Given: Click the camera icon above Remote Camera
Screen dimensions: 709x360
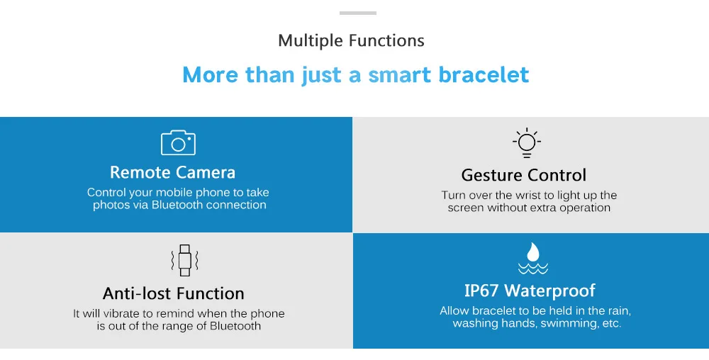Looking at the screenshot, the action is click(x=178, y=142).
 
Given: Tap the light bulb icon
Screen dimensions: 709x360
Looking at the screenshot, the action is click(x=527, y=142).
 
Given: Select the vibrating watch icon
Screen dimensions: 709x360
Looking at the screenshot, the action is click(x=184, y=260).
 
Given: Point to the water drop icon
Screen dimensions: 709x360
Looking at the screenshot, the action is click(x=533, y=259).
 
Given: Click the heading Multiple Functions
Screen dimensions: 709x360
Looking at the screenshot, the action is click(x=352, y=40).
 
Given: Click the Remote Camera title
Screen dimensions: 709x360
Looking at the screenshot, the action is click(x=173, y=172).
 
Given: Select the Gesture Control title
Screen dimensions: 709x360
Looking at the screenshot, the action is click(x=524, y=175).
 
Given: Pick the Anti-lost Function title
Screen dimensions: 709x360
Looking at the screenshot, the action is click(x=174, y=293).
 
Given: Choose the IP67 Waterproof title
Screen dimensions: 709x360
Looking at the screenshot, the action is click(x=530, y=291).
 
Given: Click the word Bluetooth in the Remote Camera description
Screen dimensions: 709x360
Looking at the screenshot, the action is click(x=177, y=205).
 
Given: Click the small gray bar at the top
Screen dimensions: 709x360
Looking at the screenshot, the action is click(x=358, y=13).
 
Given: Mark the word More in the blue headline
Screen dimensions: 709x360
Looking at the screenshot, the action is click(x=211, y=74).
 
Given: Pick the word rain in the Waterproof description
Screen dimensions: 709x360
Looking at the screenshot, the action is click(x=618, y=311).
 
